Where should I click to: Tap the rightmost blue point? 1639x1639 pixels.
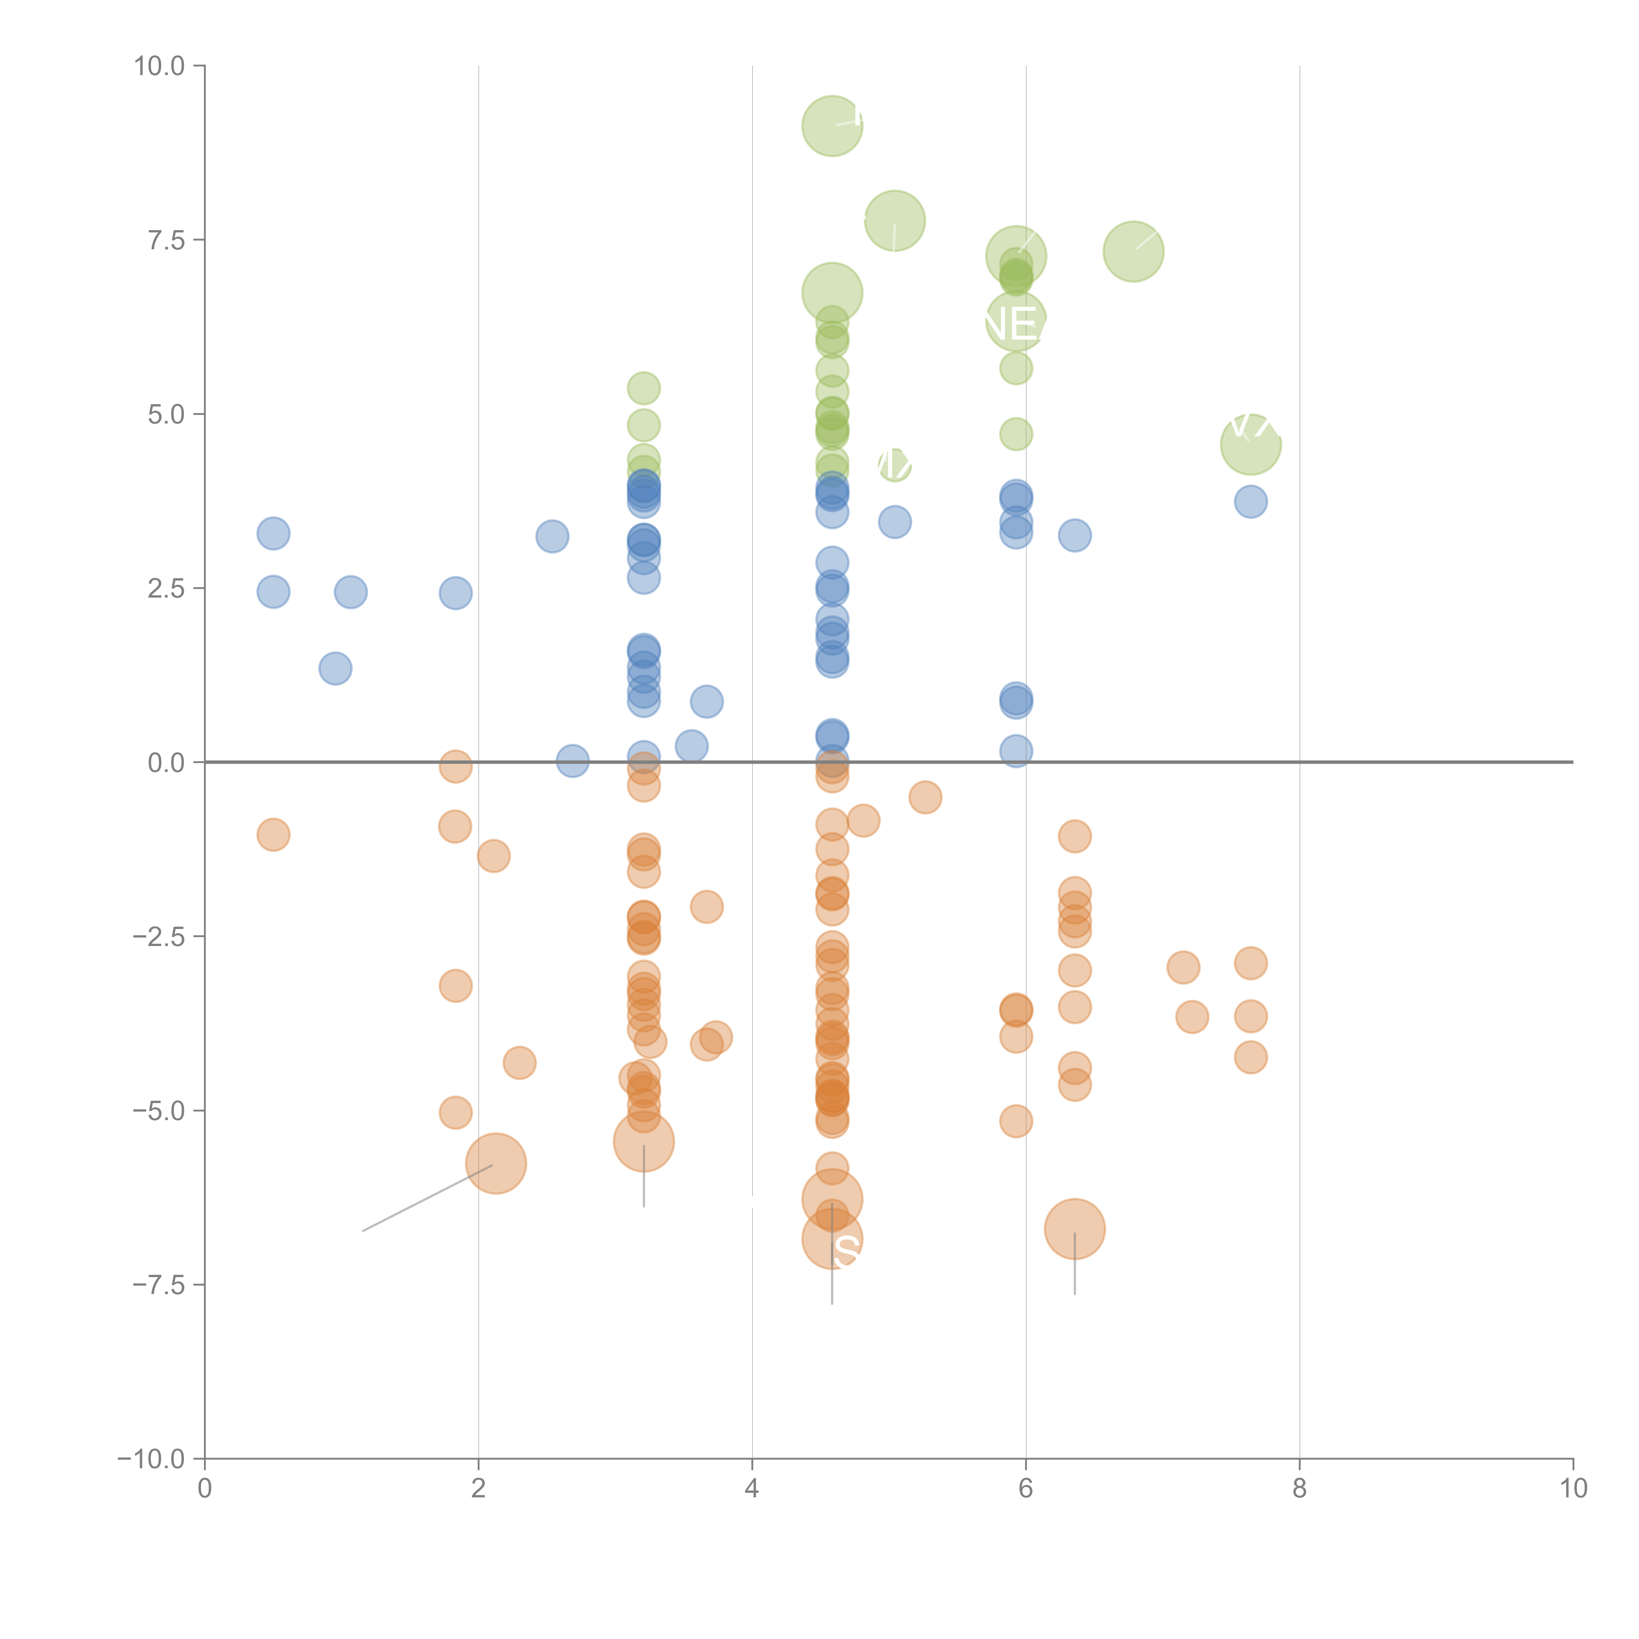[x=1251, y=502]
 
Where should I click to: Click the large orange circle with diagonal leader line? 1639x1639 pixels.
[x=496, y=1163]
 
